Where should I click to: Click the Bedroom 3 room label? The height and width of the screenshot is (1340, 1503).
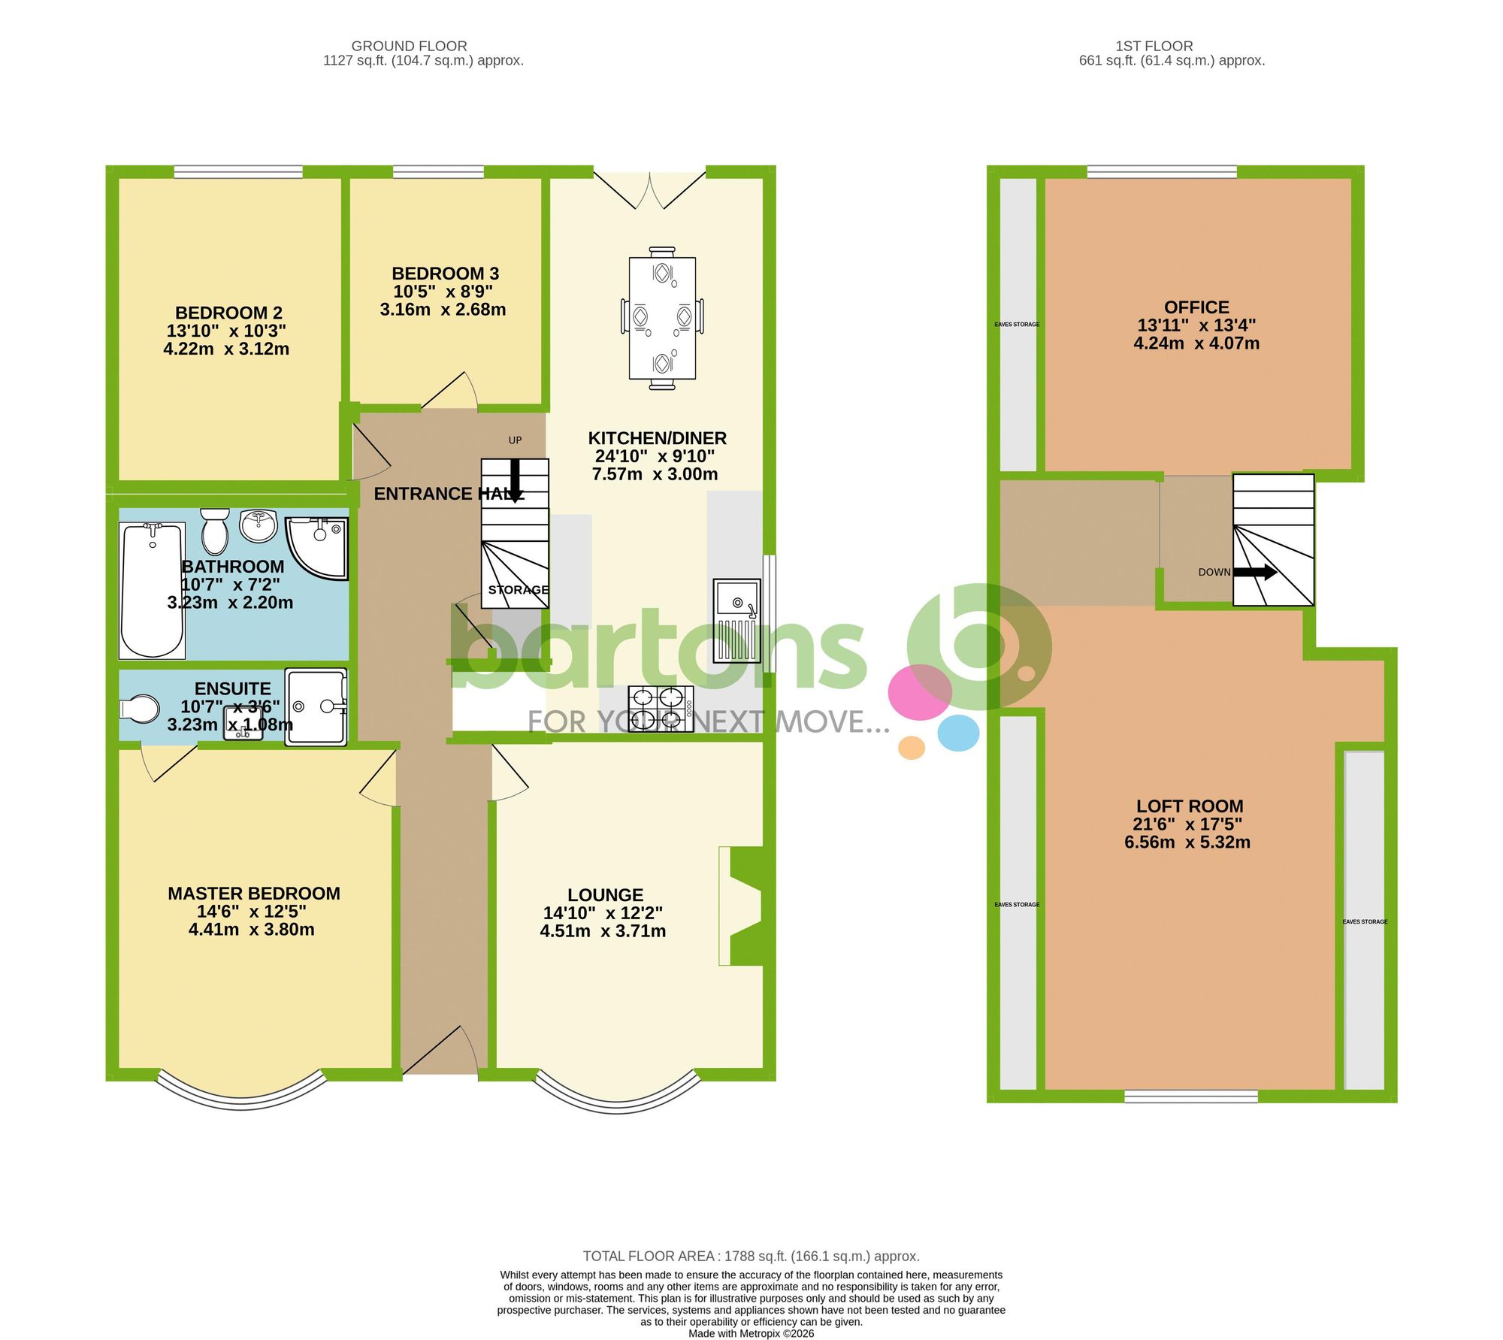pyautogui.click(x=445, y=274)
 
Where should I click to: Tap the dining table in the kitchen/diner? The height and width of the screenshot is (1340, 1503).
pyautogui.click(x=662, y=318)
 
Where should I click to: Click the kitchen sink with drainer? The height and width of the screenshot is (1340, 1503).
pyautogui.click(x=736, y=620)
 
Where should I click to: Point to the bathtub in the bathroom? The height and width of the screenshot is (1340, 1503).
pyautogui.click(x=153, y=589)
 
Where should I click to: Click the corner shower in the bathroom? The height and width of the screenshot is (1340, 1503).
pyautogui.click(x=319, y=546)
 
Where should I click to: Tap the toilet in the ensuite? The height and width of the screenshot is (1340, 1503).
pyautogui.click(x=140, y=708)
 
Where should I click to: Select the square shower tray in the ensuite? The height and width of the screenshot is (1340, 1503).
pyautogui.click(x=316, y=706)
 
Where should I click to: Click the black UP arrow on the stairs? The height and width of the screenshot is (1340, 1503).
pyautogui.click(x=516, y=479)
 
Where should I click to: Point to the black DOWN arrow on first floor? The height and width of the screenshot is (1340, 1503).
pyautogui.click(x=1255, y=572)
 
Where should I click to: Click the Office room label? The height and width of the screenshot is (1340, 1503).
pyautogui.click(x=1196, y=307)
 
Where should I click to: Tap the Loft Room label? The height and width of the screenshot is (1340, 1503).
pyautogui.click(x=1190, y=806)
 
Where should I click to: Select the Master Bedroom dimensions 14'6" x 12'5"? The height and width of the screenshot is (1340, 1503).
pyautogui.click(x=252, y=912)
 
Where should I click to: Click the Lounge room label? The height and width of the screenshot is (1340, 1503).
pyautogui.click(x=605, y=895)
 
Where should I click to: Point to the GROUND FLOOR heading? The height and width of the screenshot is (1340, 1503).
pyautogui.click(x=409, y=46)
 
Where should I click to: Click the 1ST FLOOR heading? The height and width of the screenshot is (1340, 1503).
pyautogui.click(x=1154, y=46)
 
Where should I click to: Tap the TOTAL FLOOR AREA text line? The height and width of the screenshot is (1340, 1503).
pyautogui.click(x=751, y=1256)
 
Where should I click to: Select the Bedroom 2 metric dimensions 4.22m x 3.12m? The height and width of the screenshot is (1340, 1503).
pyautogui.click(x=226, y=349)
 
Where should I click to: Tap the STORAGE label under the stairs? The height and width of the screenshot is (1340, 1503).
pyautogui.click(x=519, y=590)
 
